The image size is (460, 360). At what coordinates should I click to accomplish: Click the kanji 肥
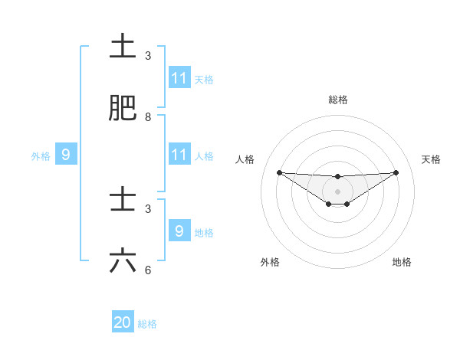coord(123,109)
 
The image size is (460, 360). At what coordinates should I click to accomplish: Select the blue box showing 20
coord(123,322)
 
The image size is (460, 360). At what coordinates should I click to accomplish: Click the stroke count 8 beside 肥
coord(148,117)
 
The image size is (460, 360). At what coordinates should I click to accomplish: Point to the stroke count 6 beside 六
coord(148,270)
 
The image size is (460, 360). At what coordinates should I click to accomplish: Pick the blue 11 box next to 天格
coord(179,78)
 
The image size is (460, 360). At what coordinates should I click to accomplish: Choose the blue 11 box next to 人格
coord(179,155)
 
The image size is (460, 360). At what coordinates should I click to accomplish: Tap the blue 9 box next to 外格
coord(66,155)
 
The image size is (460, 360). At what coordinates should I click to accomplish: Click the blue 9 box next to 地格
coord(179,231)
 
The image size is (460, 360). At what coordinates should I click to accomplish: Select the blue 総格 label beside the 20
coord(147,324)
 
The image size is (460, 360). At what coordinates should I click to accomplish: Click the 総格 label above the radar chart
coord(338,100)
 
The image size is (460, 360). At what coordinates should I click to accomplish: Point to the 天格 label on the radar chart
coord(432,159)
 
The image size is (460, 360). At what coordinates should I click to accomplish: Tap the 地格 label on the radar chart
coord(402,262)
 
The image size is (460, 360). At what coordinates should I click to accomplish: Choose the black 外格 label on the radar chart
coord(270,262)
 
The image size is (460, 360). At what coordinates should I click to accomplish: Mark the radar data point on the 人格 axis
coord(279,172)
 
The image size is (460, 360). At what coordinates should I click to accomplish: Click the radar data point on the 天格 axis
coord(396,172)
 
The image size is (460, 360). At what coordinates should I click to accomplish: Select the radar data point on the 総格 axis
coord(338,177)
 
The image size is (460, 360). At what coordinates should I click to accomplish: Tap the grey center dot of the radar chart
coord(338,191)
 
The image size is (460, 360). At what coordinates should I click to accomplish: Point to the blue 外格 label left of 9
coord(41,156)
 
